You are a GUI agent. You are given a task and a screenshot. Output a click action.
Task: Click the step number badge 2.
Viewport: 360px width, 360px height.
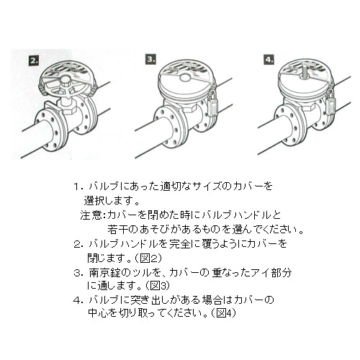35,60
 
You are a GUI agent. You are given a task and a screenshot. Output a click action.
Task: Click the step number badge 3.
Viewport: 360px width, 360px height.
150,58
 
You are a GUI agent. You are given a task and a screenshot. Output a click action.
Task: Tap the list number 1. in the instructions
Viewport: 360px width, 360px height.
77,186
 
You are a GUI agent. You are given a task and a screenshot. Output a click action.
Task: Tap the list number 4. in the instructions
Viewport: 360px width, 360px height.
77,299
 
